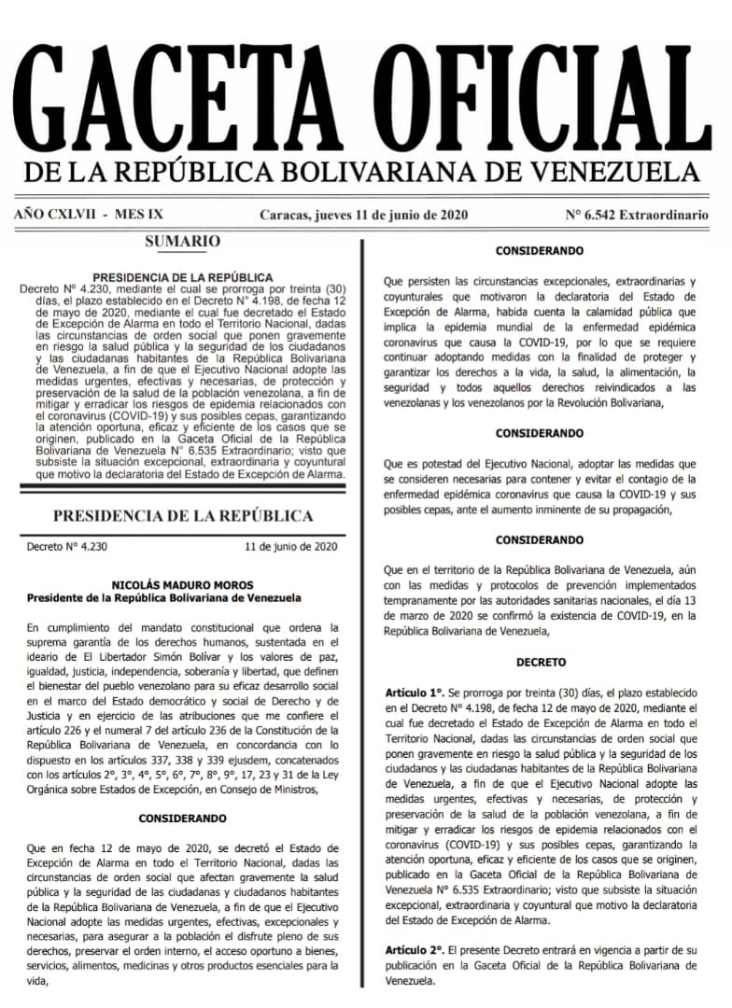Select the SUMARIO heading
tap(183, 242)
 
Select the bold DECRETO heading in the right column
tap(540, 662)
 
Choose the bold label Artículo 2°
tap(415, 948)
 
